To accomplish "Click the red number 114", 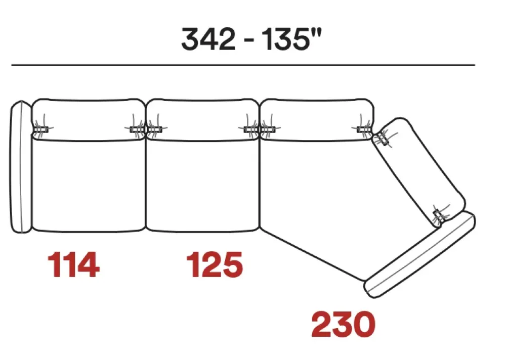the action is click(x=73, y=264).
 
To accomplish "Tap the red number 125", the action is click(x=215, y=264).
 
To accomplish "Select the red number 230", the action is click(x=344, y=324).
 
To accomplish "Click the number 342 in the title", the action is click(x=208, y=39).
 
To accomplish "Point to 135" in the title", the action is click(x=292, y=39).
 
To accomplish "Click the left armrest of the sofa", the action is click(x=21, y=167).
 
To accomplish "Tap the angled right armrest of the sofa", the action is click(x=420, y=255).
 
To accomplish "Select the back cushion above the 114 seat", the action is click(x=89, y=120).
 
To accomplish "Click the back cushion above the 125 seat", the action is click(x=202, y=120).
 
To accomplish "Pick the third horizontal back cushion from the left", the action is click(x=317, y=120).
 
